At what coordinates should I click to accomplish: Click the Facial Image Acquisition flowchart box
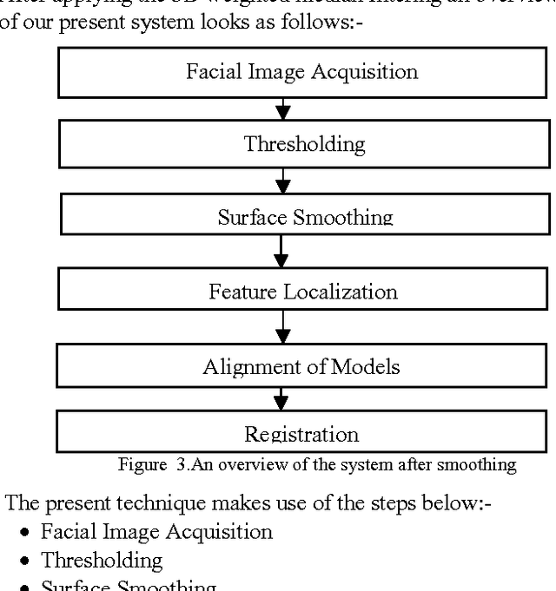coord(301,71)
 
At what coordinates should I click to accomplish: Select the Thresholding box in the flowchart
coord(304,143)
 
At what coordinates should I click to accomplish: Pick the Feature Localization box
coord(303,291)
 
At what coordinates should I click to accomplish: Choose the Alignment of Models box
coord(301,366)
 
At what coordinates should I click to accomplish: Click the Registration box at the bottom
coord(301,431)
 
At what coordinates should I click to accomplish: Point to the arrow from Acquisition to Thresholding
coord(281,108)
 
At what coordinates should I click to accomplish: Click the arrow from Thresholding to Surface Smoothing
coord(281,181)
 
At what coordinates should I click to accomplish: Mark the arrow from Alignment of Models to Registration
coord(281,399)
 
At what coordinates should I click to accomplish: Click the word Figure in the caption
coord(140,464)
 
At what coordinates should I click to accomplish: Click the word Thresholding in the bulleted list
coord(102,560)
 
